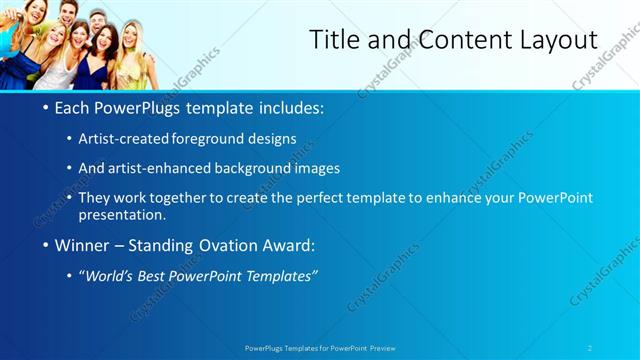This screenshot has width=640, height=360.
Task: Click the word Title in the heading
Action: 333,40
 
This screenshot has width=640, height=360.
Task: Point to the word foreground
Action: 209,138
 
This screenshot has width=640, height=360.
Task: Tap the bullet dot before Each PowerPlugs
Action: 47,107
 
